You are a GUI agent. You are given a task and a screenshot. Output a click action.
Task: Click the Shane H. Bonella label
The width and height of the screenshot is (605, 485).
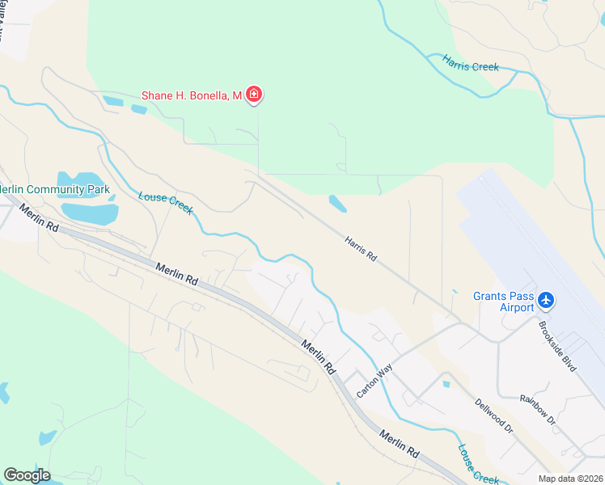(x=192, y=95)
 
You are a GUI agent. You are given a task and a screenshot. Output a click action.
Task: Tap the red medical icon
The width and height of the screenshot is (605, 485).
(x=254, y=95)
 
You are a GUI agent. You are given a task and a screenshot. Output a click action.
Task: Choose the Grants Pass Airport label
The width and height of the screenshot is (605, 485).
(x=504, y=302)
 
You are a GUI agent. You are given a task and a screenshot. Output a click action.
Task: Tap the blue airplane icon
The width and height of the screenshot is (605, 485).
(x=547, y=301)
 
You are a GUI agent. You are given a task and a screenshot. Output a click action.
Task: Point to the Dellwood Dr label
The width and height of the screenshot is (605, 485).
(x=494, y=415)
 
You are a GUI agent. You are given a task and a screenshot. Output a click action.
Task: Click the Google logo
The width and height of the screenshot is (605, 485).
(x=27, y=475)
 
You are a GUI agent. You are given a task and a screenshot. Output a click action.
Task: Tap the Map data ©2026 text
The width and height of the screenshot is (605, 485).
(x=570, y=479)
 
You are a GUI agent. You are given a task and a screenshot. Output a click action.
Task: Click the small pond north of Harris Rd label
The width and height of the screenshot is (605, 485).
(x=337, y=203)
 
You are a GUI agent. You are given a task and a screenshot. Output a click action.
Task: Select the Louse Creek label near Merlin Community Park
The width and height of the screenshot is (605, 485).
(x=166, y=202)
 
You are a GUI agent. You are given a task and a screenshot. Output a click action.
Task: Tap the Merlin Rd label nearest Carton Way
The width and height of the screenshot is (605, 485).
(x=319, y=356)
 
